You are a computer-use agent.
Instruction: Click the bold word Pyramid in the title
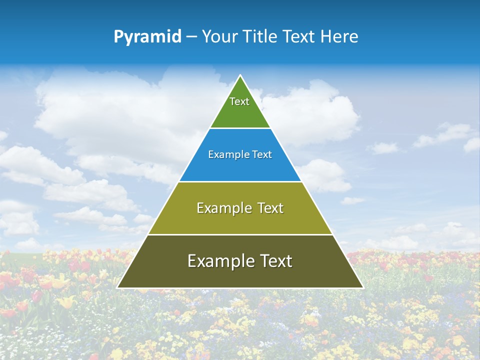click(147, 37)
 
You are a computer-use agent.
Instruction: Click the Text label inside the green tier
click(239, 101)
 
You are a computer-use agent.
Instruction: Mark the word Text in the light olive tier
click(270, 208)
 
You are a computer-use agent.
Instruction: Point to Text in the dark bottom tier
click(275, 261)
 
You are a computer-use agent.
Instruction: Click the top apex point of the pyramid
click(240, 75)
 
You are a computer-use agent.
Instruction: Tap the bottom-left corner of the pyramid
click(118, 287)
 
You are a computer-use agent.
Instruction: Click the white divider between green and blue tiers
click(240, 128)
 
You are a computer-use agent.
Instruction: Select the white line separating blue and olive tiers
click(240, 181)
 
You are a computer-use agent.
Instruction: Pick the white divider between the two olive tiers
click(240, 234)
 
